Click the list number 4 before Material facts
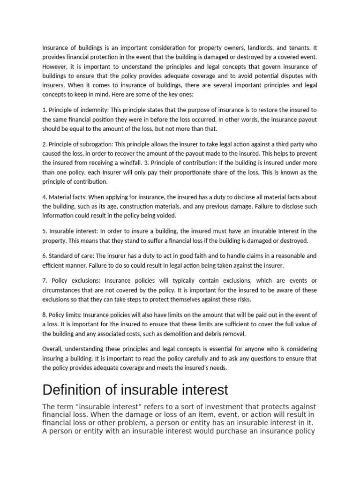pos(44,197)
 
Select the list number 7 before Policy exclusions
pos(44,280)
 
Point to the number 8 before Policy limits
pos(44,315)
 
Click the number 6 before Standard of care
pos(44,255)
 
